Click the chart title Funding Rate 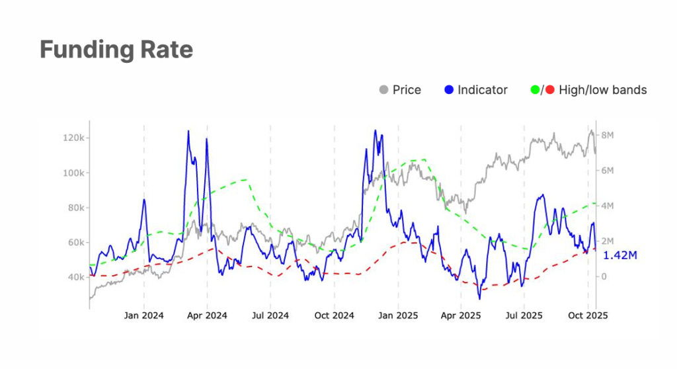tap(116, 50)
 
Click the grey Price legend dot tap(383, 90)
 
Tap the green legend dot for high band tap(536, 90)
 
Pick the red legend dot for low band tap(550, 90)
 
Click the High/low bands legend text tap(602, 90)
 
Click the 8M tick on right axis tap(608, 135)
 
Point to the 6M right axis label tap(608, 170)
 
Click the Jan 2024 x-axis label tap(143, 315)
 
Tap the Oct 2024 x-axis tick tap(334, 315)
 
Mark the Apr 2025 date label tap(460, 315)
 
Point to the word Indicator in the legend tap(483, 90)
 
